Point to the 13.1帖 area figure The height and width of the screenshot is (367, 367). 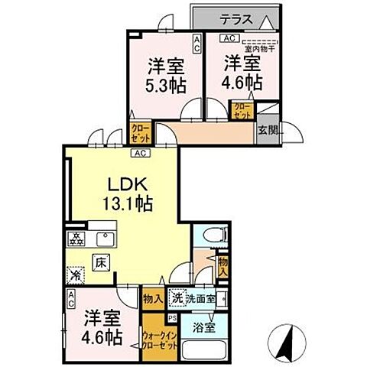[x=128, y=204]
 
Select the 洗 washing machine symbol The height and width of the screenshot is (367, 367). [x=176, y=297]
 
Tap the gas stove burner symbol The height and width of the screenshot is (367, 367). [x=77, y=238]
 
